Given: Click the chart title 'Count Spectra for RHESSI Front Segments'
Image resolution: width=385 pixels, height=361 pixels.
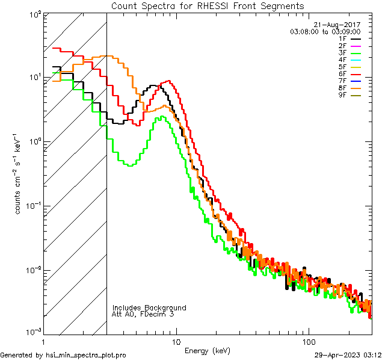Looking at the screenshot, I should click(208, 6).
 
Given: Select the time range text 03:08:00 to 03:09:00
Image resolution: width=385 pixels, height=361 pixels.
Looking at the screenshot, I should click(325, 31).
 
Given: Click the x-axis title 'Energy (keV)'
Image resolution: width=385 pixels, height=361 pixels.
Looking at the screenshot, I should click(208, 351).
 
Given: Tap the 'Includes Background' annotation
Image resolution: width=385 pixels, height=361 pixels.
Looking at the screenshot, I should click(149, 307).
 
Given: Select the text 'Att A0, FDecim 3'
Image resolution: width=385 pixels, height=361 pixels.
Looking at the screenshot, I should click(143, 314).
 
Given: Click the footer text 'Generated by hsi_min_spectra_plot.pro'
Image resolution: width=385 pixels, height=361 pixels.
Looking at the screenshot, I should click(63, 355).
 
